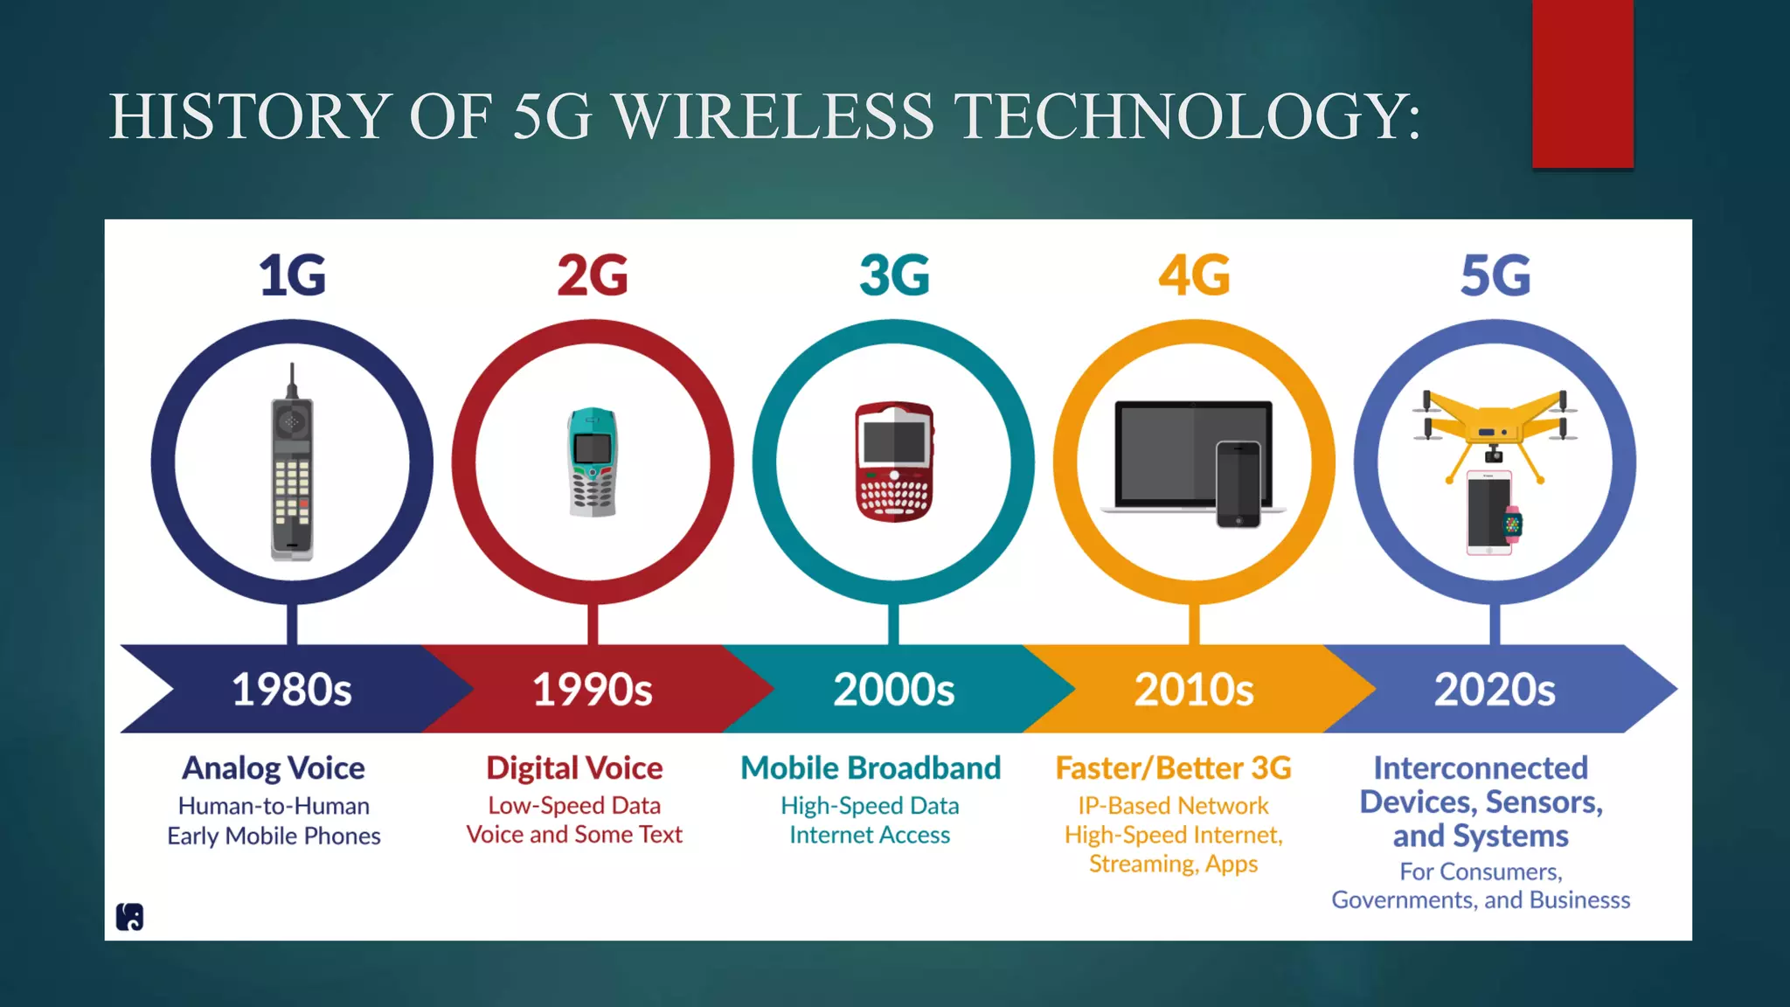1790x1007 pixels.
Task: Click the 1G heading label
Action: click(x=292, y=275)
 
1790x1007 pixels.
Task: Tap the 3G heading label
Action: click(x=894, y=275)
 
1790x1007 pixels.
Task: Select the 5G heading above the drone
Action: click(x=1495, y=275)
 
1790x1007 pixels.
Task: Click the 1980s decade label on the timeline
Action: click(x=292, y=690)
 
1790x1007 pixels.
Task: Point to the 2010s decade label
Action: click(x=1194, y=690)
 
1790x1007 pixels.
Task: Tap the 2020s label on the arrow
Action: click(x=1495, y=690)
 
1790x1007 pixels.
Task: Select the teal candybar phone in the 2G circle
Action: click(x=593, y=462)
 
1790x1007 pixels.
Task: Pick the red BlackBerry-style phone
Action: click(x=894, y=462)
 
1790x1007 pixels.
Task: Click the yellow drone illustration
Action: click(x=1495, y=424)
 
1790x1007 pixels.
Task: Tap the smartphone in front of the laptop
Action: click(x=1238, y=485)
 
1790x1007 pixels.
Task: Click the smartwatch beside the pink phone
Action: click(x=1512, y=524)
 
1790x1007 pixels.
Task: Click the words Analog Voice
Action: click(x=274, y=768)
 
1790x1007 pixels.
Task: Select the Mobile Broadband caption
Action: click(x=871, y=768)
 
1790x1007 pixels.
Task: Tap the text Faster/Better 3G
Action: click(x=1173, y=768)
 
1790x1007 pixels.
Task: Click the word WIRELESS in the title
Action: click(x=774, y=117)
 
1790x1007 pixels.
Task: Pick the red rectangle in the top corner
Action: click(x=1582, y=84)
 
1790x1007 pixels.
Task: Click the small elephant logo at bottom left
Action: click(x=129, y=917)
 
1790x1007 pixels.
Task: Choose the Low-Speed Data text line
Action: click(x=574, y=806)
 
